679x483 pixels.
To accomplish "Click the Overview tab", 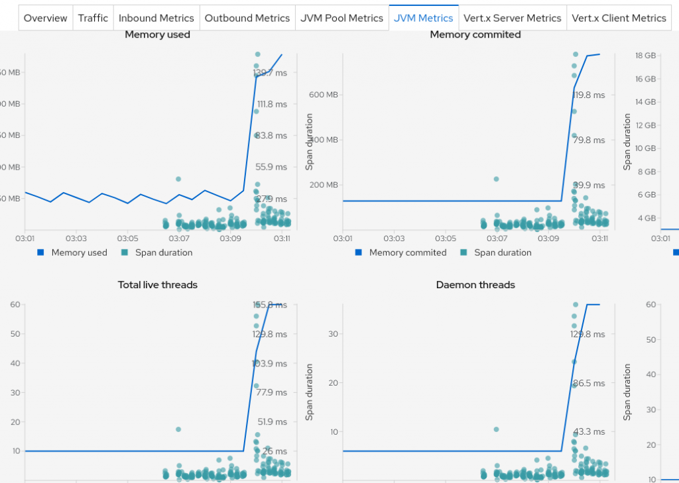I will pos(46,18).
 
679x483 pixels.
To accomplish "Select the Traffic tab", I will pos(93,18).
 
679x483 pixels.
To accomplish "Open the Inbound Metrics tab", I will pos(156,18).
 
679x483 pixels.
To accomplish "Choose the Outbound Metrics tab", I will pos(247,18).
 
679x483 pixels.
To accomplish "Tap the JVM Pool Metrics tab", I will pos(341,18).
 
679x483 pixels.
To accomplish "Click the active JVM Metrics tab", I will pos(424,18).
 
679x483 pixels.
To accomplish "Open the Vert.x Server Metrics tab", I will pos(513,18).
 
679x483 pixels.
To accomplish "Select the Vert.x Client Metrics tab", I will pos(619,18).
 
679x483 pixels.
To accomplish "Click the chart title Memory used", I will pos(157,34).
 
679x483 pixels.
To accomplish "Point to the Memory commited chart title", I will pos(475,34).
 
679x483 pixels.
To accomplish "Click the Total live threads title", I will pos(157,285).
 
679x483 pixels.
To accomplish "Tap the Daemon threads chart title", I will pos(475,285).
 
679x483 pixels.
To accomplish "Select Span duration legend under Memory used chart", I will pos(163,252).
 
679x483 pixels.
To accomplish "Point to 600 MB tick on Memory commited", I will pos(324,95).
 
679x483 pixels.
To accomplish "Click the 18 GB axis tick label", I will pos(646,56).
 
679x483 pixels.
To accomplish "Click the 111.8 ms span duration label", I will pos(272,104).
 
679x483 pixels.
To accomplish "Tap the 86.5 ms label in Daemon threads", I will pos(587,384).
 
